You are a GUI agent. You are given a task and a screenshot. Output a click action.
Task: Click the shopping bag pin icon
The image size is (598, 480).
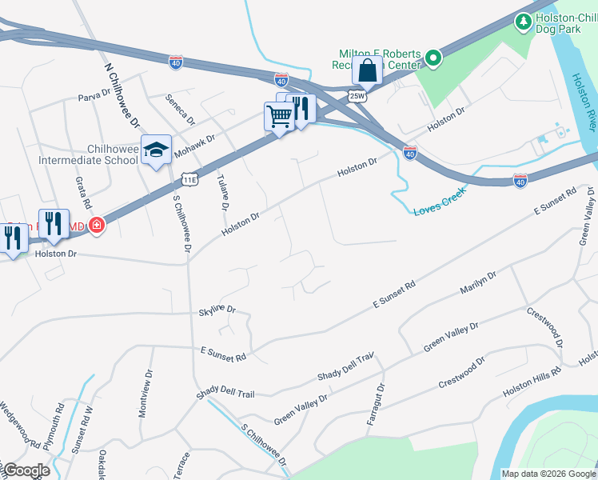tap(367, 70)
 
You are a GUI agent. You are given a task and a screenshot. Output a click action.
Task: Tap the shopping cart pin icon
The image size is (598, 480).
tap(279, 117)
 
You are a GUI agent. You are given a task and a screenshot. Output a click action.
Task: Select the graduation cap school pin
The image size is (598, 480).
tap(156, 149)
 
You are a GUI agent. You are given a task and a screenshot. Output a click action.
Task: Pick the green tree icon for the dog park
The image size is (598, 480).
tap(524, 19)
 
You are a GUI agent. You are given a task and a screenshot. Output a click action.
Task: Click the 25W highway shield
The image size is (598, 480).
tap(357, 95)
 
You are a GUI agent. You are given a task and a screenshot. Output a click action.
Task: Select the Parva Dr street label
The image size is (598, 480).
tap(94, 96)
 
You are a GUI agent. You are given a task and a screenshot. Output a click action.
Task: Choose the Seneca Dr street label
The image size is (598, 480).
tap(180, 108)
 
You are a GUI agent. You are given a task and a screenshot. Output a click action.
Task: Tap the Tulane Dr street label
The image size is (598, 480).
tap(221, 192)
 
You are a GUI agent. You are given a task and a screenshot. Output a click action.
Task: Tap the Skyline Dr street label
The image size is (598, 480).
tap(217, 309)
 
